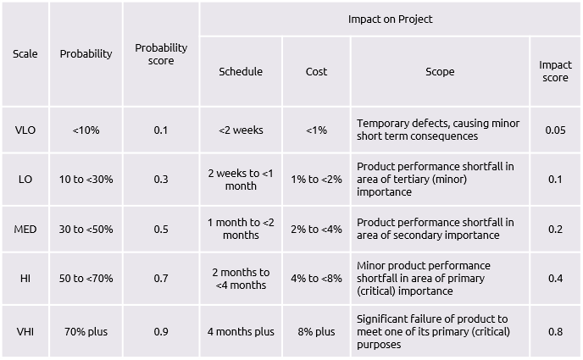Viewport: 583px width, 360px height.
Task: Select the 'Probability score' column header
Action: tap(161, 54)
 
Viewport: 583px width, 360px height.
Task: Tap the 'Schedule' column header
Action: tap(241, 72)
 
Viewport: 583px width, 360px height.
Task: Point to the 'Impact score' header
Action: tap(555, 72)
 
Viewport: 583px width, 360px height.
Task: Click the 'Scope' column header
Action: tap(440, 72)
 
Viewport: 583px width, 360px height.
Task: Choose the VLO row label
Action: tap(25, 130)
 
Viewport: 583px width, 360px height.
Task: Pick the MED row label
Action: tap(25, 229)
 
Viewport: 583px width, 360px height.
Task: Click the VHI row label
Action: tap(25, 331)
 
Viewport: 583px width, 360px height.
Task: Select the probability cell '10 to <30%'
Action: tap(86, 180)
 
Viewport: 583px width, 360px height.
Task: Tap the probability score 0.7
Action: tap(161, 279)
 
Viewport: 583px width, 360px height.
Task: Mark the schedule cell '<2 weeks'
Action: tap(241, 130)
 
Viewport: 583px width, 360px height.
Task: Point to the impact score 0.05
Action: tap(555, 130)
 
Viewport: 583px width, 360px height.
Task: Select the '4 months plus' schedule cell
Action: tap(241, 331)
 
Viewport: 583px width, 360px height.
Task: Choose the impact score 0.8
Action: tap(555, 331)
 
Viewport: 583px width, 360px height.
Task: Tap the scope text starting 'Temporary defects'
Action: tap(438, 130)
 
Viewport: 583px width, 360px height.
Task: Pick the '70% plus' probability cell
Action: tap(86, 331)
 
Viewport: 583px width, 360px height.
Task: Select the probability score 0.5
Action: tap(161, 229)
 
